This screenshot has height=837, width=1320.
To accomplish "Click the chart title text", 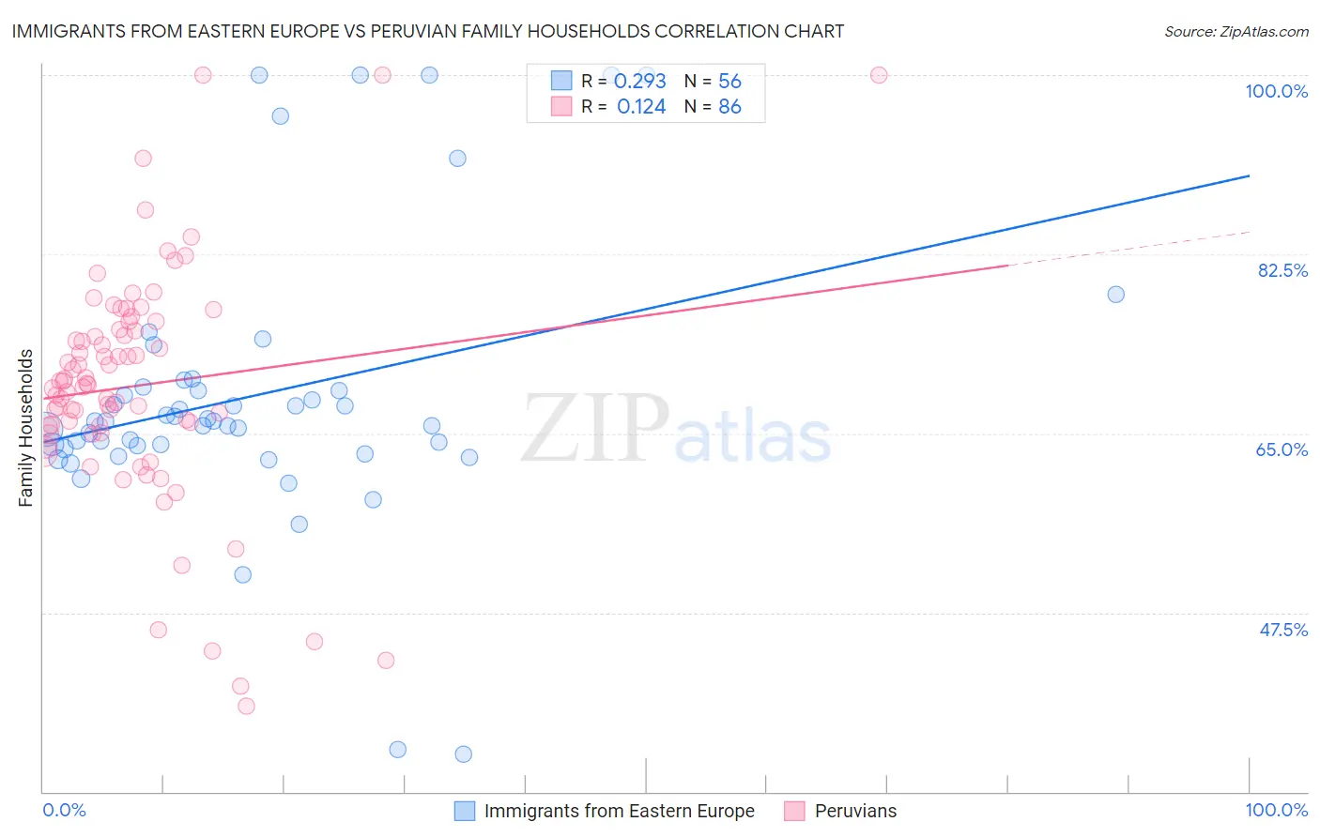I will pos(428,31).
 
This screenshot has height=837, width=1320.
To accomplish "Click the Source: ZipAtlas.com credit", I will pos(1236,31).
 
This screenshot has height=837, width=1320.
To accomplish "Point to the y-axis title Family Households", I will pos(25,428).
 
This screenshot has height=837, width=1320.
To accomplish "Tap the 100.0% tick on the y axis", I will pos(1276,91).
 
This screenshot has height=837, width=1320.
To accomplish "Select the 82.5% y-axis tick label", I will pos(1282,270).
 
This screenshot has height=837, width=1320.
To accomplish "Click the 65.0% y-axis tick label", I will pos(1282,449).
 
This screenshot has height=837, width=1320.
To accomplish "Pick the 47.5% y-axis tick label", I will pos(1282,630).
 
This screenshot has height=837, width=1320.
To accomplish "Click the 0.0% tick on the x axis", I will pos(64,810).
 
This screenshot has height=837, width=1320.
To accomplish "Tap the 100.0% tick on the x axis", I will pos(1276,810).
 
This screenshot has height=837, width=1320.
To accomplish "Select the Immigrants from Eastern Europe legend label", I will pos(619,811).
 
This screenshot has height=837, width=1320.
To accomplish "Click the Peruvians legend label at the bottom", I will pos(855,811).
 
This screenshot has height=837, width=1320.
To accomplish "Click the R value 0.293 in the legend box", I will pos(640,82).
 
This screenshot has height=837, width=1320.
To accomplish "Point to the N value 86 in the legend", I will pos(729,107).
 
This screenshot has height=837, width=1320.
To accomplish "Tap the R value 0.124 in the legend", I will pos(641,107).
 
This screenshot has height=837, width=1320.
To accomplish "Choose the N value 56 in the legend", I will pos(729,82).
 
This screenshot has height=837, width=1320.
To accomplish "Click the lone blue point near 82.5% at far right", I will pos(1115,295).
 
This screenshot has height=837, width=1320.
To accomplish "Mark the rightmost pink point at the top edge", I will pos(879,75).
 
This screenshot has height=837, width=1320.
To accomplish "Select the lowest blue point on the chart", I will pos(463,754).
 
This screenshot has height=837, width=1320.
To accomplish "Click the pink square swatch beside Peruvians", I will pos(794,811).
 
